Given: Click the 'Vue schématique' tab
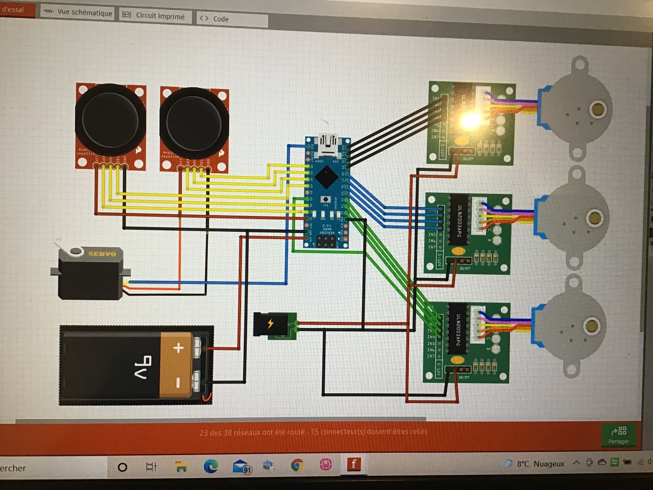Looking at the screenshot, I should coord(78,13).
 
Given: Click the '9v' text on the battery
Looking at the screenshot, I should coord(143,367).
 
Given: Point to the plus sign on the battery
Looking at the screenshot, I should coord(178,348).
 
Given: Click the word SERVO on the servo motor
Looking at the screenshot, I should coord(102,254).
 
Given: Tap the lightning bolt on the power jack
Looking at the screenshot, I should coord(270,323).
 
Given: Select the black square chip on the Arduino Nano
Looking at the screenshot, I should coord(326,177).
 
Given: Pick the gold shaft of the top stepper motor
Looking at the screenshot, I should coord(598,110).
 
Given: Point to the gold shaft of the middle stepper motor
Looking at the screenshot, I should coord(594,217).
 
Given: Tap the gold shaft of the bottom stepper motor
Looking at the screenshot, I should coord(591,326).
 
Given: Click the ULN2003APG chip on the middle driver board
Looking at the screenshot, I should coord(459,220).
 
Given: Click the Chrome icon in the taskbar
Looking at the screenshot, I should coord(297,465).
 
